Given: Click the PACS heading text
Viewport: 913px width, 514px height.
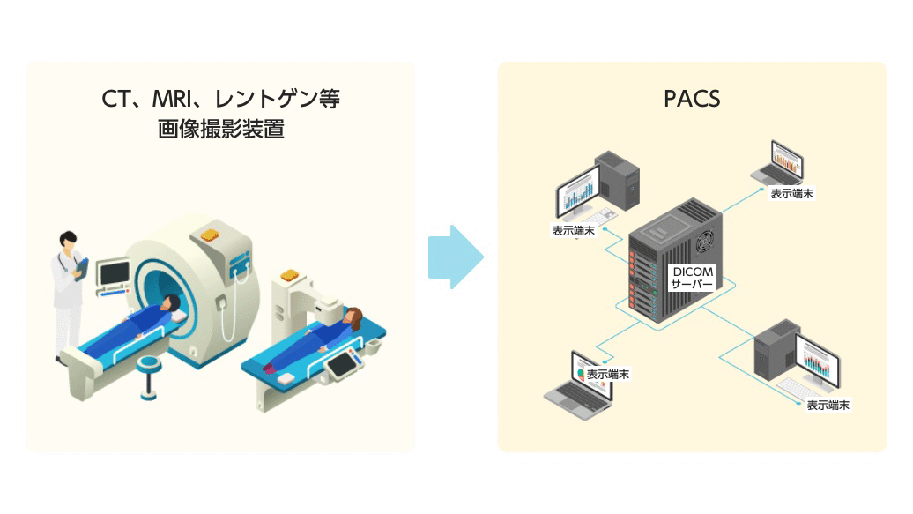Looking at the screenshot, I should coord(692,98).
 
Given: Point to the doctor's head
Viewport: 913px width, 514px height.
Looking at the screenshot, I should coord(68,240).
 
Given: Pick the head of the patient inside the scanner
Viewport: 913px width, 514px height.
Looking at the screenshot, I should coord(170,304).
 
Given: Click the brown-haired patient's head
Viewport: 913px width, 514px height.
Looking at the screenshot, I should coord(353,317).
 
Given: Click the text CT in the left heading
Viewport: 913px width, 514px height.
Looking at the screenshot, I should coord(116,99).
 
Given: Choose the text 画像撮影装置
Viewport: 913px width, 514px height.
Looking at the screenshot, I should coord(220,129).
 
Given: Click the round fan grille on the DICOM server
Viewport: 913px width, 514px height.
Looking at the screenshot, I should coord(705,241).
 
